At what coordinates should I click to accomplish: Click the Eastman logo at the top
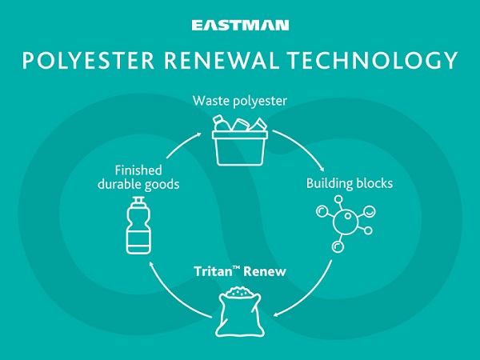point(239,26)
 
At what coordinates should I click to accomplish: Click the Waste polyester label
point(240,102)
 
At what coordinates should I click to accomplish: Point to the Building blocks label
point(350,183)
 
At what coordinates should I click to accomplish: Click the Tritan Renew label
point(240,272)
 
